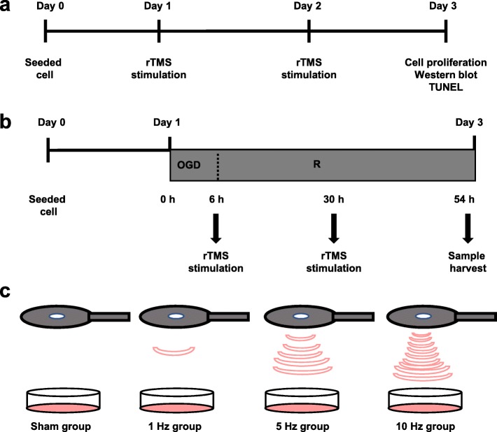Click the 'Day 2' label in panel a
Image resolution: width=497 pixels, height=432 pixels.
[x=308, y=9]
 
